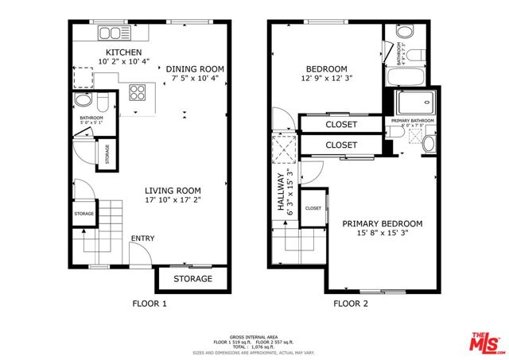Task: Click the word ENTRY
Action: (x=143, y=238)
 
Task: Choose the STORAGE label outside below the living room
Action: (x=192, y=279)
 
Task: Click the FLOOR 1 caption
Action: (x=149, y=304)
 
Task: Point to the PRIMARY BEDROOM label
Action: (x=382, y=224)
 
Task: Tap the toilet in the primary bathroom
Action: (x=429, y=142)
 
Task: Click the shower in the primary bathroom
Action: (x=416, y=103)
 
